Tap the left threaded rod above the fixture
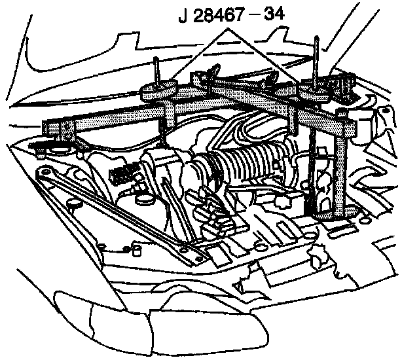coord(158,68)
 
